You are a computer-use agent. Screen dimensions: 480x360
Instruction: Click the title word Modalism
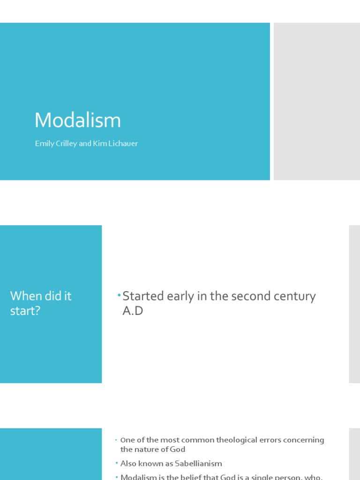click(x=78, y=120)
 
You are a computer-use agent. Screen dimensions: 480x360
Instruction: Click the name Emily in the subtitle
click(x=43, y=144)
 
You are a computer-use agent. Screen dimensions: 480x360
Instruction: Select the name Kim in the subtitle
click(x=99, y=144)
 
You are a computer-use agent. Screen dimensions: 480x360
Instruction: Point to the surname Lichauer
click(x=122, y=144)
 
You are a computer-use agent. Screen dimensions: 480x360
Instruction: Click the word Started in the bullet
click(x=142, y=296)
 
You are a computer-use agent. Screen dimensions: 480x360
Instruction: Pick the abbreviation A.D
click(x=133, y=311)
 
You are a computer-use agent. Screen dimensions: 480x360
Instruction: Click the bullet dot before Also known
click(x=117, y=464)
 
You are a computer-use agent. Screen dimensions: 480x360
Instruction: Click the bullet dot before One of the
click(x=117, y=440)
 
